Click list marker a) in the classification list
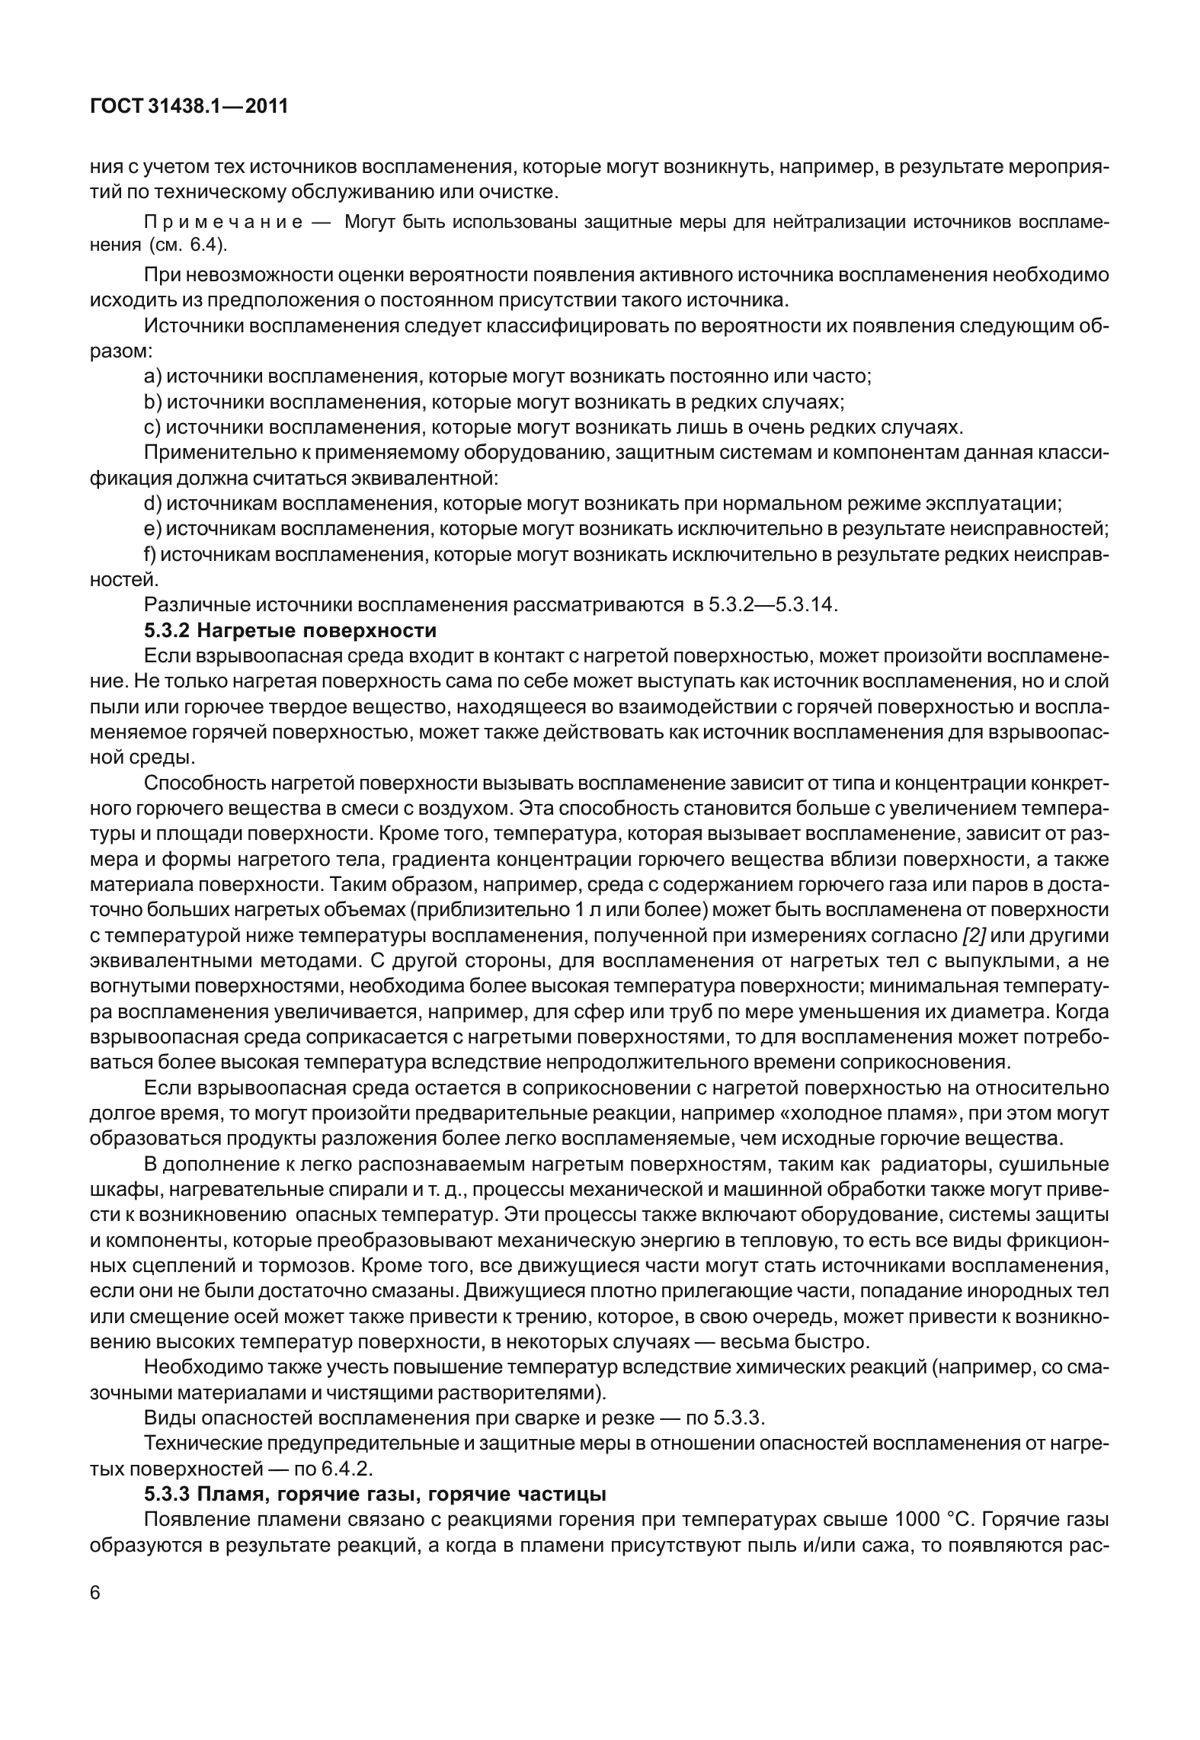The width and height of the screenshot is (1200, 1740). pyautogui.click(x=152, y=377)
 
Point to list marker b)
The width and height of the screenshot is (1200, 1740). pyautogui.click(x=152, y=402)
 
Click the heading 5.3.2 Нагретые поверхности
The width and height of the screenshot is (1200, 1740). pyautogui.click(x=290, y=631)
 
